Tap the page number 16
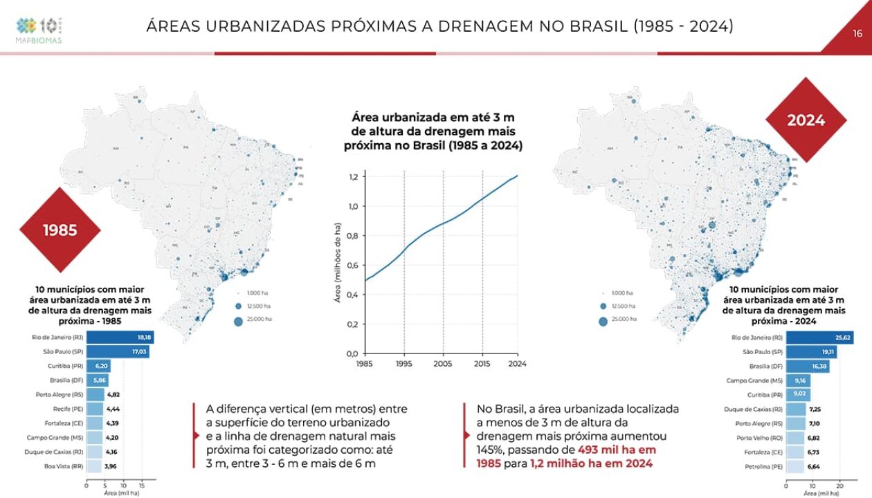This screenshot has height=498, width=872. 857,33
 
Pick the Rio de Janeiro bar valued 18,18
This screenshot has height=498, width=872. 120,338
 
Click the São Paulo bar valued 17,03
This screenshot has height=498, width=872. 118,352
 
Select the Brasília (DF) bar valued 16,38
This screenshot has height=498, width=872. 808,367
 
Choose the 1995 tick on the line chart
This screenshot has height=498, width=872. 403,363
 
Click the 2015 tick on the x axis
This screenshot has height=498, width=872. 482,363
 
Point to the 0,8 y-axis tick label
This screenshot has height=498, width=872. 352,236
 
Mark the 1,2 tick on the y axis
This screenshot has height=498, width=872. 352,177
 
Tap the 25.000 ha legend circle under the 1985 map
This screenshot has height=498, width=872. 238,320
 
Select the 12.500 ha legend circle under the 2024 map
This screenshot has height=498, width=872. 603,306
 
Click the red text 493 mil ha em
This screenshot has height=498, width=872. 617,450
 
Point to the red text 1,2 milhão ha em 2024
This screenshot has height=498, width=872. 591,464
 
